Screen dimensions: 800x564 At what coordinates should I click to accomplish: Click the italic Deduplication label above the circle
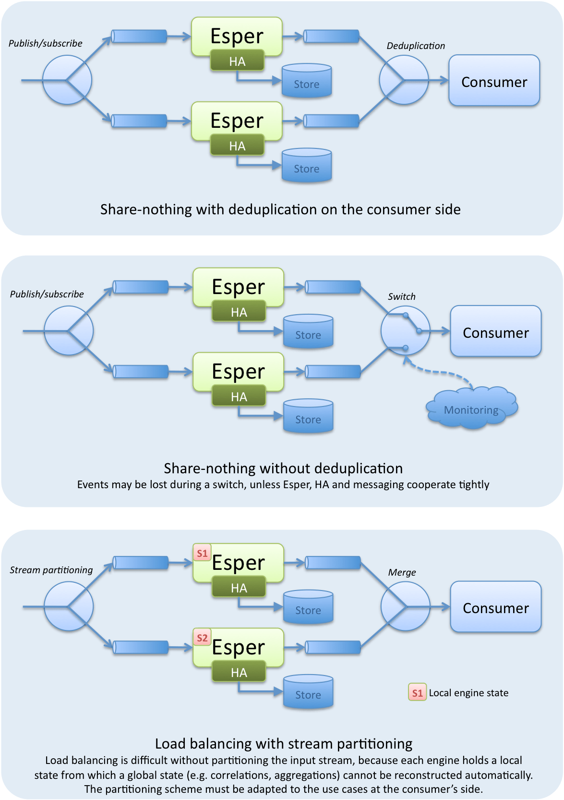416,46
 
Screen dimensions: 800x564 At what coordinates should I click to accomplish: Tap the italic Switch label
402,296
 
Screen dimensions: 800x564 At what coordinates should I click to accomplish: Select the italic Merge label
402,572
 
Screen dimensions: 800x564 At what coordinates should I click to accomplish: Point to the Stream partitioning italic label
51,570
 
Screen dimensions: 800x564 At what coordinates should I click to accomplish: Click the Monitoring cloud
471,409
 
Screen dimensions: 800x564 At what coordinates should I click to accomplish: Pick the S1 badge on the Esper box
202,553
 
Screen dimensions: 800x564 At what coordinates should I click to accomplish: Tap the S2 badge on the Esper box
202,638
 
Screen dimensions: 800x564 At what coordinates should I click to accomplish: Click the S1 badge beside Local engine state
417,692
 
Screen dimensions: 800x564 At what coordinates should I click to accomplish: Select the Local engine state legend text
468,692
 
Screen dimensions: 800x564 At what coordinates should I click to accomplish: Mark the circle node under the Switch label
405,331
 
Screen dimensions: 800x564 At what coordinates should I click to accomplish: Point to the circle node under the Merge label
405,607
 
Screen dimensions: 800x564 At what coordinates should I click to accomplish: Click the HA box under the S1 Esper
239,588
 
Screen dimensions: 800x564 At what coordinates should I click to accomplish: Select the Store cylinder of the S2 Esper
308,692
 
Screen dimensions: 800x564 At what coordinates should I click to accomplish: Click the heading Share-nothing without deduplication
283,468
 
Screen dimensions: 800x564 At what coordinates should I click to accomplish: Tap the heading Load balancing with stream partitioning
284,743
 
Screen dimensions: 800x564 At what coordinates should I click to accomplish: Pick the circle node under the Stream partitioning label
69,607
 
